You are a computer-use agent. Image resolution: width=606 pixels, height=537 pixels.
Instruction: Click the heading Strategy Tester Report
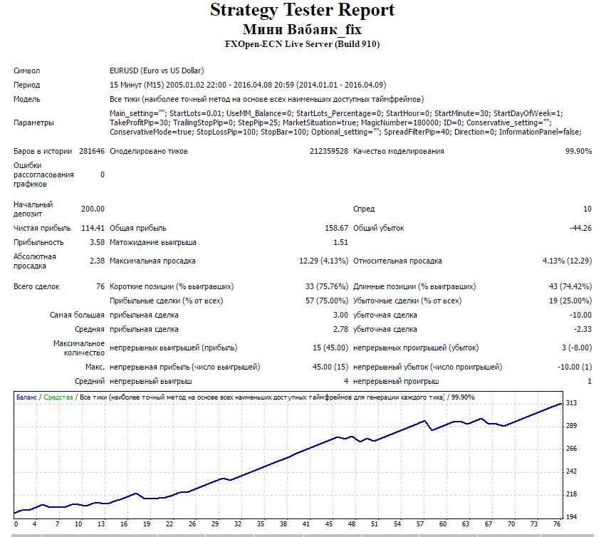tap(302, 11)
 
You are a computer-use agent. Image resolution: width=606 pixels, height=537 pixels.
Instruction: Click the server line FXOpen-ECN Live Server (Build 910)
tap(302, 44)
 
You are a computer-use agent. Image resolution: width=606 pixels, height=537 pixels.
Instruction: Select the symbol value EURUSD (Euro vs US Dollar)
tap(157, 71)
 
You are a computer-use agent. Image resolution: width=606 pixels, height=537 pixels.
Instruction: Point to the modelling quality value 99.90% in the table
tap(578, 151)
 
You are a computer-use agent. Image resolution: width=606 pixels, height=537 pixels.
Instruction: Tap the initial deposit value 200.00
tap(93, 209)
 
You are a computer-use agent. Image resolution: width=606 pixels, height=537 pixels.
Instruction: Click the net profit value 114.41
tap(93, 228)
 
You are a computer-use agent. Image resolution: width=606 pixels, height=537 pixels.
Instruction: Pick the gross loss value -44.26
tap(580, 228)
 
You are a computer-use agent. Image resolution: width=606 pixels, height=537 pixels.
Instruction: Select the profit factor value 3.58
tap(97, 242)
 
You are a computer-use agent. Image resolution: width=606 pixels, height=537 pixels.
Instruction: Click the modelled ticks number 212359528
tap(329, 151)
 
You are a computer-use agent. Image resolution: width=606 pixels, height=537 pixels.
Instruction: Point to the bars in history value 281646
tap(92, 151)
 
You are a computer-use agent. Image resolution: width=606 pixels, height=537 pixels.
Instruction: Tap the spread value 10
tap(587, 209)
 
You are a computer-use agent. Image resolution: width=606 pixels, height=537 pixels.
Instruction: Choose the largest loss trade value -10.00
tap(580, 315)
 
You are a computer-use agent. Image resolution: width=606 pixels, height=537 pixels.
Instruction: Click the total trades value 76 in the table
tap(100, 286)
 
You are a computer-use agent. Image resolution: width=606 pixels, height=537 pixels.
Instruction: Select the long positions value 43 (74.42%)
tap(570, 286)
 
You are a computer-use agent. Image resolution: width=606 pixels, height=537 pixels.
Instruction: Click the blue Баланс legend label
tap(26, 397)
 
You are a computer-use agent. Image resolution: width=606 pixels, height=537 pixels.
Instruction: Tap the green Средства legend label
tap(58, 397)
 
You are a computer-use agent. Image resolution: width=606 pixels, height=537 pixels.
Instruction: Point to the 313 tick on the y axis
tap(571, 403)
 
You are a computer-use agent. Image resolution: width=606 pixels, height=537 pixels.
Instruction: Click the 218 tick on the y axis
tap(571, 494)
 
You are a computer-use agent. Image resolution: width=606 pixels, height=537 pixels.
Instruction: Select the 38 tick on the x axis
tap(283, 524)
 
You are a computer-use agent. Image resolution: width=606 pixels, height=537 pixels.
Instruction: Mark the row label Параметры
tap(33, 123)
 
